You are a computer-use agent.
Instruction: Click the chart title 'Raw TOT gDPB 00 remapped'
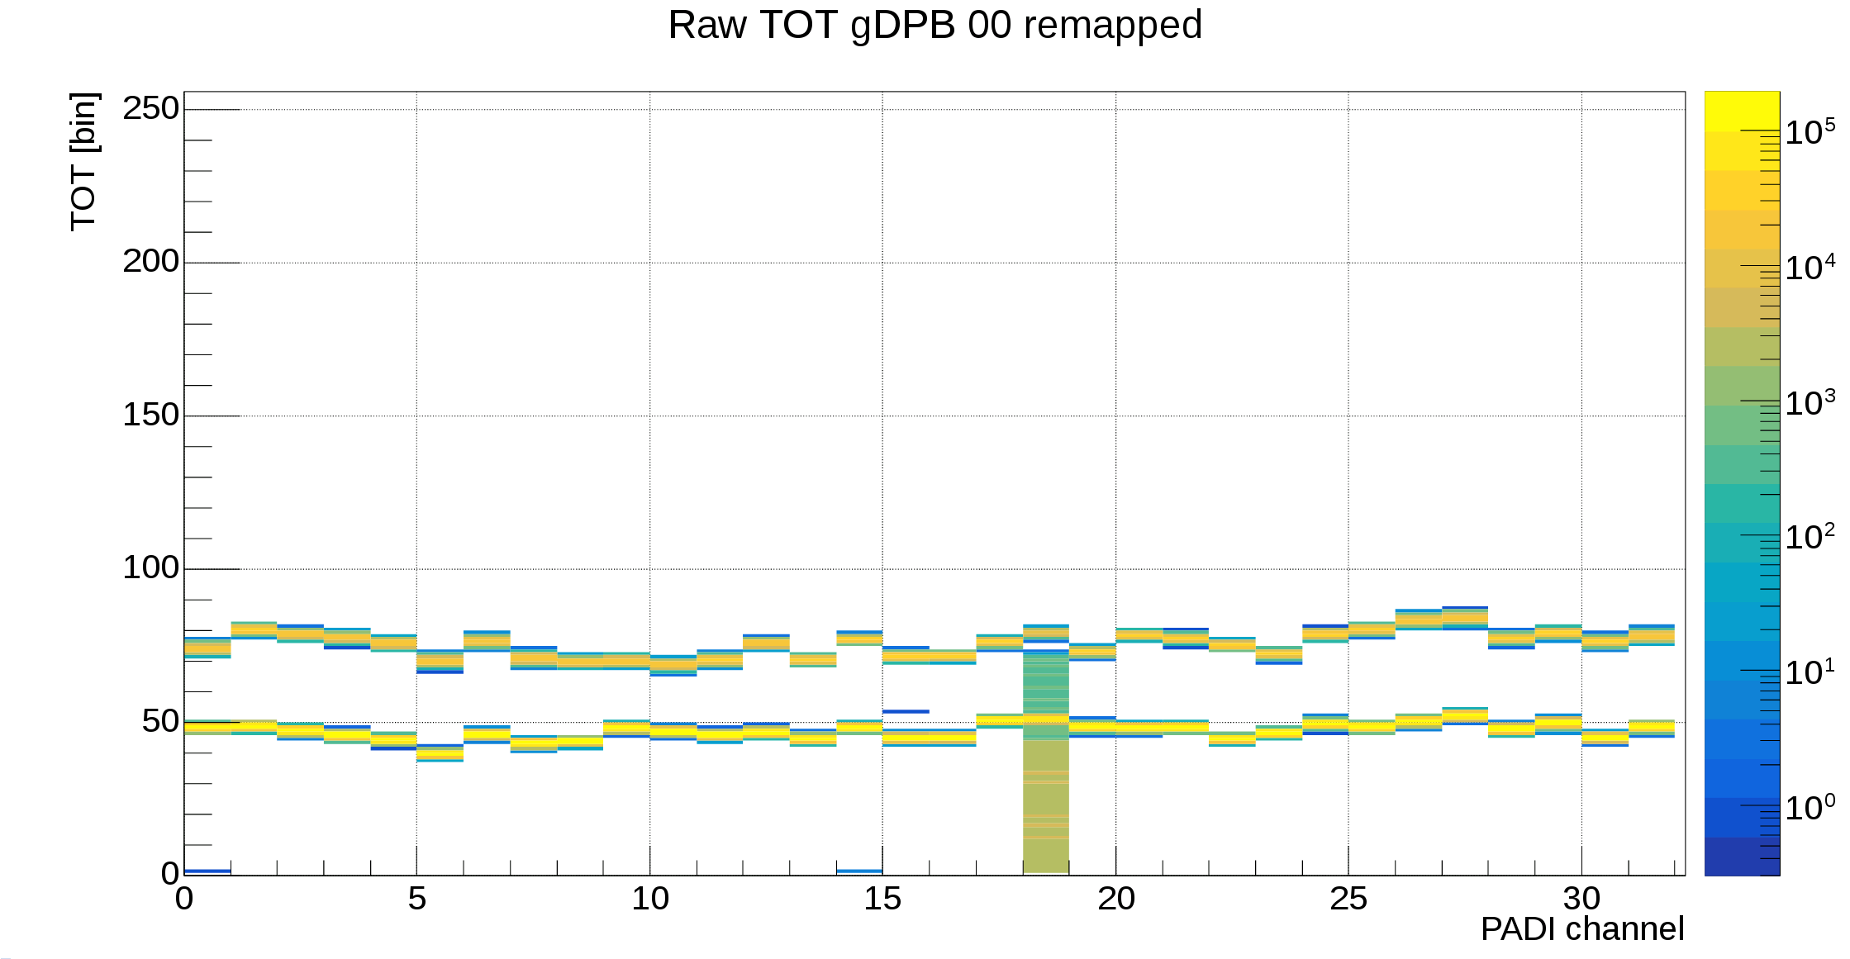[935, 25]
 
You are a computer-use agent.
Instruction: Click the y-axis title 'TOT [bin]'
[84, 161]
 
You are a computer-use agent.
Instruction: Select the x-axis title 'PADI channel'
[1581, 929]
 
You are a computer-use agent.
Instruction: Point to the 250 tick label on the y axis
[150, 108]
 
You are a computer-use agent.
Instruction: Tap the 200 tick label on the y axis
[150, 261]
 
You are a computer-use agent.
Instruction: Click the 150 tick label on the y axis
[150, 415]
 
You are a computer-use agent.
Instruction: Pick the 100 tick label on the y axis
[150, 567]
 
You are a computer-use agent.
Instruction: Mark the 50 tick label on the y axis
[160, 721]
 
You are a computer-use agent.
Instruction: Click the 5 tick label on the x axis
[416, 899]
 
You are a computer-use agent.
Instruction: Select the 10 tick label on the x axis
[649, 899]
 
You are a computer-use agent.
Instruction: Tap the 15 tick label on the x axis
[882, 899]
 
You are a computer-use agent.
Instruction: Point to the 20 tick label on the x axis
[1115, 899]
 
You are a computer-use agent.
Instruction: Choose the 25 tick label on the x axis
[1348, 899]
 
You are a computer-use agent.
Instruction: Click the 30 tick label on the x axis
[1581, 899]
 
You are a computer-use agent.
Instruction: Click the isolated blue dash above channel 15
[906, 711]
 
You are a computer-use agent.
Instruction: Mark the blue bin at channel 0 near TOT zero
[207, 871]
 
